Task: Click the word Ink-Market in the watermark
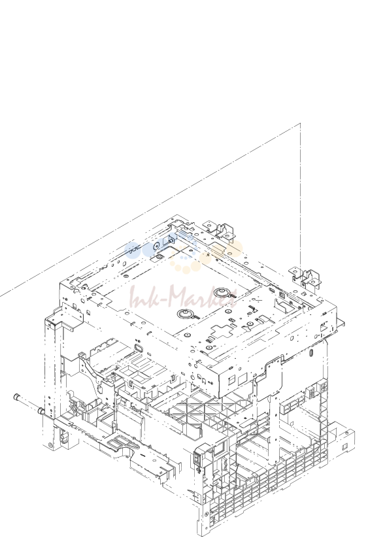click(x=184, y=297)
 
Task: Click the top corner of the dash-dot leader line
click(x=301, y=123)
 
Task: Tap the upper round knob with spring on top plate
click(x=222, y=293)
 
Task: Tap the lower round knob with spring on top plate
click(x=186, y=314)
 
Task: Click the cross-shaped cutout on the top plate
click(x=222, y=332)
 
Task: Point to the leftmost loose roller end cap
click(x=16, y=397)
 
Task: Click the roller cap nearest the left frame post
click(x=41, y=411)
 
